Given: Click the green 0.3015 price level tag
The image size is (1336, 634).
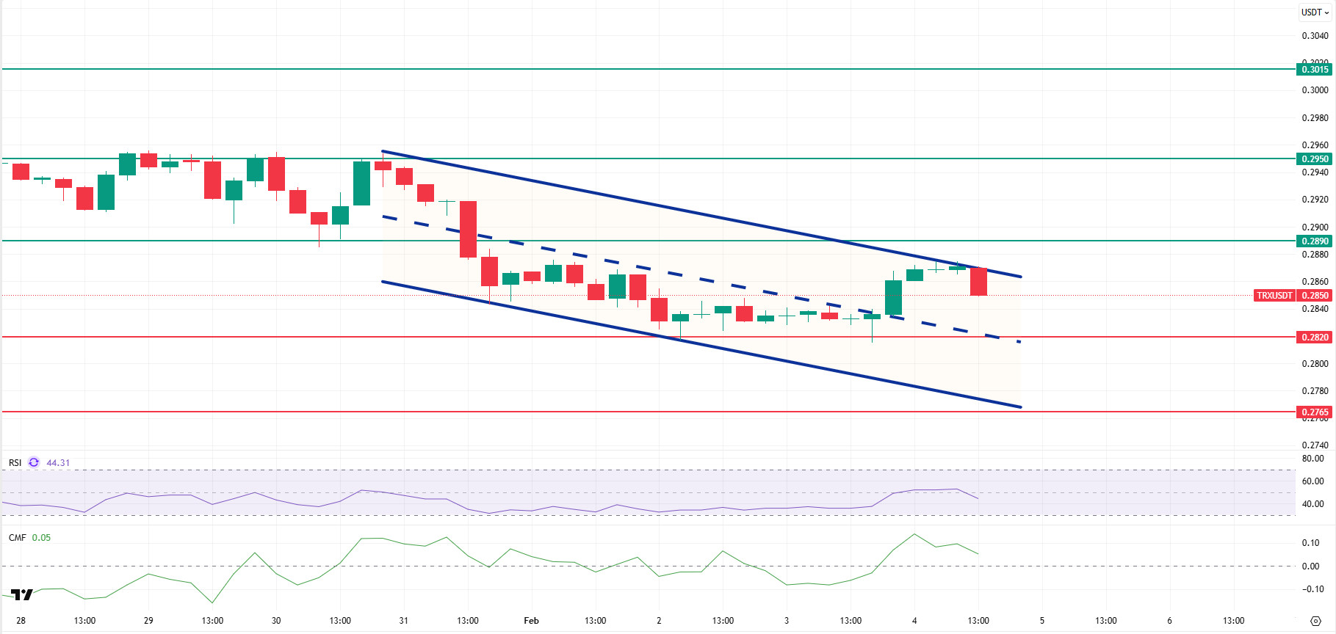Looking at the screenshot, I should (x=1314, y=70).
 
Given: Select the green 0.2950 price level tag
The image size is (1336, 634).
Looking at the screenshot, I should (x=1314, y=159).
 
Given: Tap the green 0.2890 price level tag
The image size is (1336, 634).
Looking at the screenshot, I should (x=1314, y=241).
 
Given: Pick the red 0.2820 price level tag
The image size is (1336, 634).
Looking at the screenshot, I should (x=1314, y=338).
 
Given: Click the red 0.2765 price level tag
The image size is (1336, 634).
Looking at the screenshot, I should (x=1314, y=412).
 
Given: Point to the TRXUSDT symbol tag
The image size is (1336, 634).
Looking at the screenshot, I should (x=1274, y=296).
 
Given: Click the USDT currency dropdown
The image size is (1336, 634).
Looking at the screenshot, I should (x=1315, y=12).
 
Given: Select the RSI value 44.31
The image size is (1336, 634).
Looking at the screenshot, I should (x=58, y=463).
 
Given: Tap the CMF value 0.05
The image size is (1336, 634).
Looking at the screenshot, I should (x=41, y=538).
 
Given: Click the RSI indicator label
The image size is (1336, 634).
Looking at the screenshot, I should (x=15, y=463).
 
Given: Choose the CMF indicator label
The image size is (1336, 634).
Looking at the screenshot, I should (x=17, y=538).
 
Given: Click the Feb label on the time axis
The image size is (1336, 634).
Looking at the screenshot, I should (x=531, y=621).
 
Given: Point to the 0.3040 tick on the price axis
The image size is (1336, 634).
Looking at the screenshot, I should (x=1315, y=36).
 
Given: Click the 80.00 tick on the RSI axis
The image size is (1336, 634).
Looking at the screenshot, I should (x=1312, y=459).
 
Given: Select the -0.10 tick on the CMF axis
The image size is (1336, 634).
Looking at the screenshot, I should (x=1312, y=589).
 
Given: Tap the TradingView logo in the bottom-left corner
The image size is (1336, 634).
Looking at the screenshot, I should (x=22, y=594).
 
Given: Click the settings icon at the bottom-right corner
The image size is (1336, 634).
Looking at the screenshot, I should (x=1315, y=621).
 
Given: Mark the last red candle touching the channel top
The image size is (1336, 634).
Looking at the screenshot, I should (x=978, y=282).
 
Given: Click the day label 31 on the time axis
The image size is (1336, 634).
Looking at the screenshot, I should (x=403, y=621).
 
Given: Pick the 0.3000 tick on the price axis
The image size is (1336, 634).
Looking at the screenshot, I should (x=1315, y=90).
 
